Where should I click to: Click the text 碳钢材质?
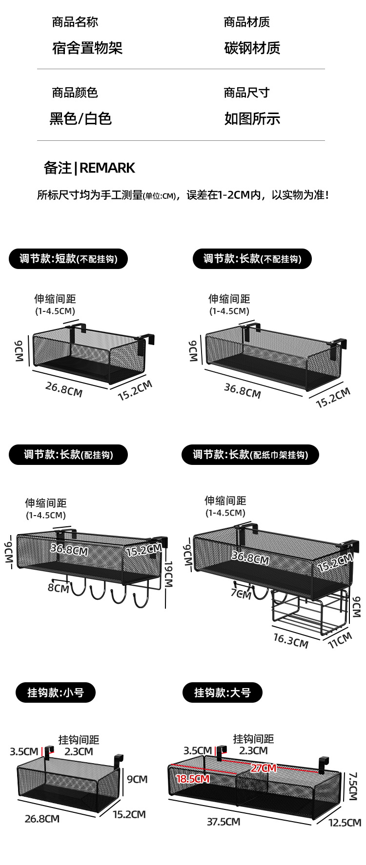pyautogui.click(x=252, y=48)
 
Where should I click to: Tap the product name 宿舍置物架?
pyautogui.click(x=87, y=48)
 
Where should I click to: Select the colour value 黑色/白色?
pyautogui.click(x=81, y=118)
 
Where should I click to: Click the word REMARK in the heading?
pyautogui.click(x=107, y=168)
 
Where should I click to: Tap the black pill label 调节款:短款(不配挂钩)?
pyautogui.click(x=68, y=259)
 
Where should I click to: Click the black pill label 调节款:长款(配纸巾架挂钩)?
pyautogui.click(x=250, y=455)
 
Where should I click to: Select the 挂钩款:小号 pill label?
pyautogui.click(x=56, y=692)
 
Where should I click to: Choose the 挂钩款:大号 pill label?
pyautogui.click(x=223, y=692)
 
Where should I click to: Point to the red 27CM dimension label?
pyautogui.click(x=264, y=768)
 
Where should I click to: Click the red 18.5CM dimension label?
pyautogui.click(x=192, y=779)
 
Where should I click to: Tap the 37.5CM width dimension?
pyautogui.click(x=224, y=822)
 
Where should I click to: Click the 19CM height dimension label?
pyautogui.click(x=168, y=575)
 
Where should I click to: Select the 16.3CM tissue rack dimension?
pyautogui.click(x=290, y=640)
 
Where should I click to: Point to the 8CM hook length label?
pyautogui.click(x=58, y=588)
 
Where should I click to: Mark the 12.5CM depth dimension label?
pyautogui.click(x=345, y=823)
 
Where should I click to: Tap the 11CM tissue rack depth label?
pyautogui.click(x=340, y=640)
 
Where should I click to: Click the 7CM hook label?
pyautogui.click(x=241, y=594)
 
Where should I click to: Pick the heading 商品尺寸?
pyautogui.click(x=246, y=93)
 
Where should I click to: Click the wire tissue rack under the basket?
pyautogui.click(x=307, y=612)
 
